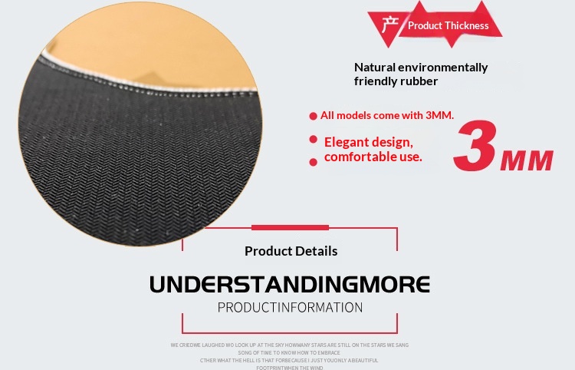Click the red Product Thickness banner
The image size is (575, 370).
[448, 25]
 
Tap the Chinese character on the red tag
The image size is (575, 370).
[388, 25]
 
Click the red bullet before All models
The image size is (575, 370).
[313, 116]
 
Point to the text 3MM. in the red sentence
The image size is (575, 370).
[439, 115]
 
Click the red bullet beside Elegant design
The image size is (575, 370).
[313, 140]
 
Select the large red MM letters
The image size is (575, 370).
[526, 160]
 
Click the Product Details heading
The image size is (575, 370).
[291, 251]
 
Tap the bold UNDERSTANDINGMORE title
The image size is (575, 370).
[289, 284]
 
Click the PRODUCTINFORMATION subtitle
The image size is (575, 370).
[290, 308]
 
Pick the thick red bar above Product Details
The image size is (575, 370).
[290, 227]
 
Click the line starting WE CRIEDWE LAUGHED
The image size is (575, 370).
[289, 345]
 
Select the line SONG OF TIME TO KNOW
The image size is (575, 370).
[289, 352]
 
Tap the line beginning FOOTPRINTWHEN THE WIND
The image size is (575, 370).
[289, 368]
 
